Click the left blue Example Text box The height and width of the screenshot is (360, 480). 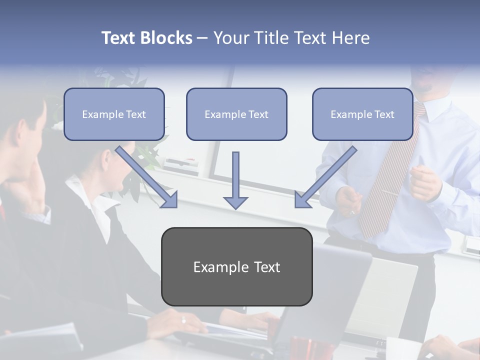pos(114,114)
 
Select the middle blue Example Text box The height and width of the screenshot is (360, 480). pos(236,114)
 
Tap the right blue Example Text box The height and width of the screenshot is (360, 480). pos(362,114)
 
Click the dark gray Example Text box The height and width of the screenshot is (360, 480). pos(236,266)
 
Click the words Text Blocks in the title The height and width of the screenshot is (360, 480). pos(146,38)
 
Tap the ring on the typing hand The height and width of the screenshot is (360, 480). pos(183,320)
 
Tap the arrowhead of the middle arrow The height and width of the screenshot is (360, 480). pos(235,202)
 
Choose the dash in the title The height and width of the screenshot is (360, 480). pos(202,38)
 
